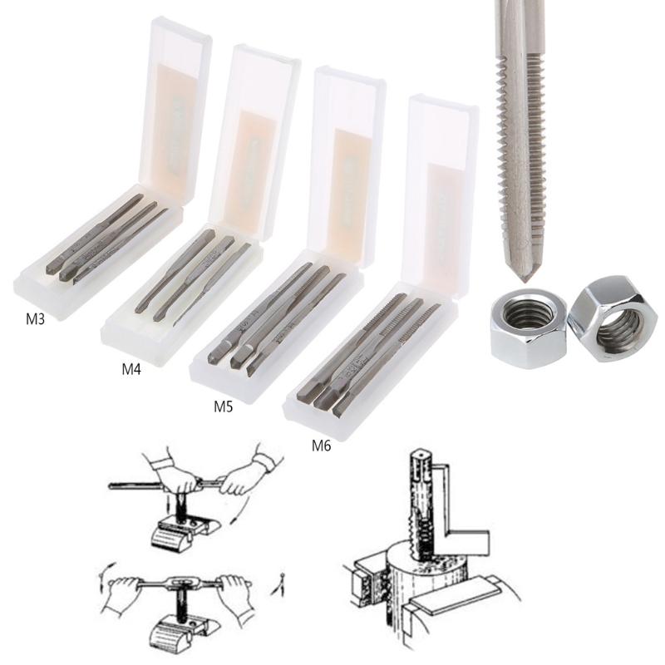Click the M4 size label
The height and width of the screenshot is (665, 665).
[x=131, y=369]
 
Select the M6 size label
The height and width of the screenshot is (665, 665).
[x=321, y=445]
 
